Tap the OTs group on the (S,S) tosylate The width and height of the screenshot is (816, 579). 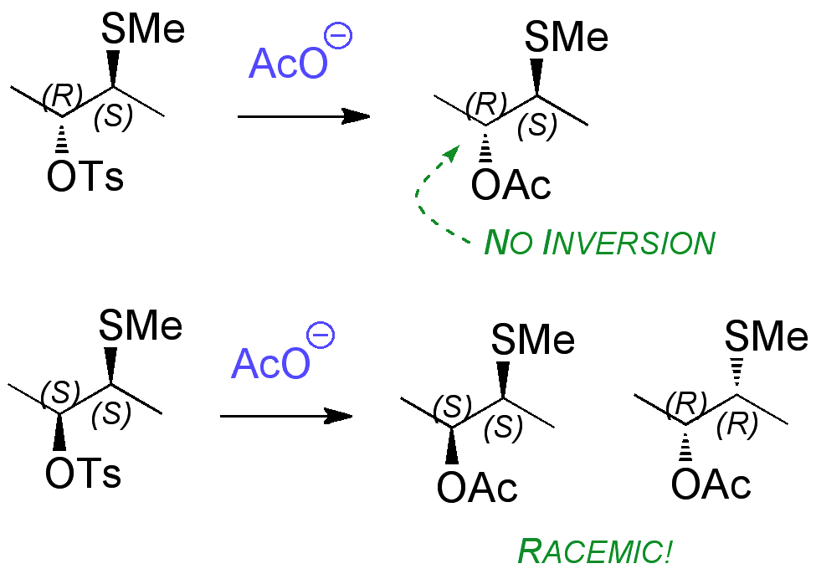(83, 474)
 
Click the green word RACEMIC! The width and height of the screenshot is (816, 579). (595, 551)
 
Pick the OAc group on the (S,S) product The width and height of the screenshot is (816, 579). (477, 489)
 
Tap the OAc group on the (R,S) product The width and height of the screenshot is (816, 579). (511, 186)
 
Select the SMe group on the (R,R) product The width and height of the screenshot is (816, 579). (765, 338)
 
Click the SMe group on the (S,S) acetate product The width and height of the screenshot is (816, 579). (532, 341)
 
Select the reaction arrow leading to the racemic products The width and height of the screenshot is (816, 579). (285, 416)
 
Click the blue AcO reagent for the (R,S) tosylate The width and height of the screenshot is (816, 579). (286, 64)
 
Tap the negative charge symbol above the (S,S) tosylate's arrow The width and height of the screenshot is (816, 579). (321, 336)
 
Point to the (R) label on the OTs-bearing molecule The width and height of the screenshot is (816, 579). (60, 96)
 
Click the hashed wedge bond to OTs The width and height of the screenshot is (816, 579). (61, 136)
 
